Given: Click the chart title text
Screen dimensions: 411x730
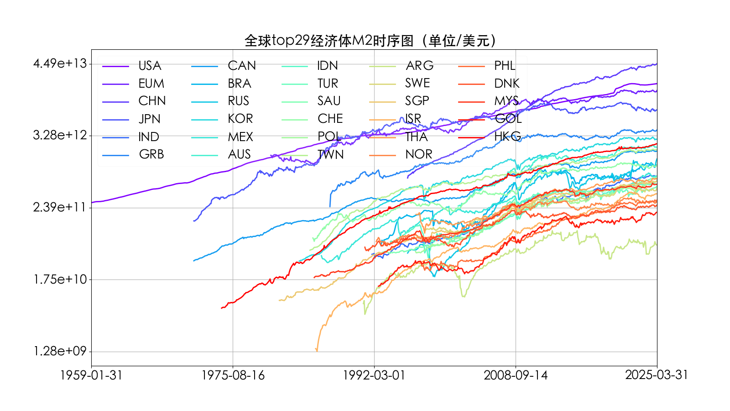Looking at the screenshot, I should pos(370,41).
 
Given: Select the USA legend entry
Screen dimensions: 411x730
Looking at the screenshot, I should pos(150,66).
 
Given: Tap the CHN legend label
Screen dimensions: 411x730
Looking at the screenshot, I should pos(152,101).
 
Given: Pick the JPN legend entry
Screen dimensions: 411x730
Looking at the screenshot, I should pos(150,119).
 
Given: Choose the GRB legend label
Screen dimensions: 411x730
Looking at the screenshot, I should pos(151,154).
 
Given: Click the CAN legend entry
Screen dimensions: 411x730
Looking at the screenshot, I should pos(242,66).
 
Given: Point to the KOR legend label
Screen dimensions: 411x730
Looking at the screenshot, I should pos(240,119).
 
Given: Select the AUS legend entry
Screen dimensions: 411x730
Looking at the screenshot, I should pos(240,154).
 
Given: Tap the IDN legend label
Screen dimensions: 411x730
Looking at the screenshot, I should pos(328,66).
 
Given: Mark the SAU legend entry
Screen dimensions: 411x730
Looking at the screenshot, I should pos(329,101).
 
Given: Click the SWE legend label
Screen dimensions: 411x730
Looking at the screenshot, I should pos(417,83).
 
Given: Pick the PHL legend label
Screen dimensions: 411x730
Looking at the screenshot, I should pos(505,66).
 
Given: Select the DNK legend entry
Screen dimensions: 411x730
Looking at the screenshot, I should pos(507,83).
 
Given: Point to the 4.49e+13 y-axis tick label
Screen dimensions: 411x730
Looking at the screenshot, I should pos(60,63).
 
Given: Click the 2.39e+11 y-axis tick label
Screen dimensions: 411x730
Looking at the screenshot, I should pos(60,207).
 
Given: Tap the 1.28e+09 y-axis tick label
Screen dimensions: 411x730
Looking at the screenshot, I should pos(60,351).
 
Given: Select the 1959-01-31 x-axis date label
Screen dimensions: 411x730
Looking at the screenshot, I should pos(91,375).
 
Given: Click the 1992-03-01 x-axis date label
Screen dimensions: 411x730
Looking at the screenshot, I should pos(374,375).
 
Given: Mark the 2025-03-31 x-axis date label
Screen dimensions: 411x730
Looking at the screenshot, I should pos(657,375).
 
